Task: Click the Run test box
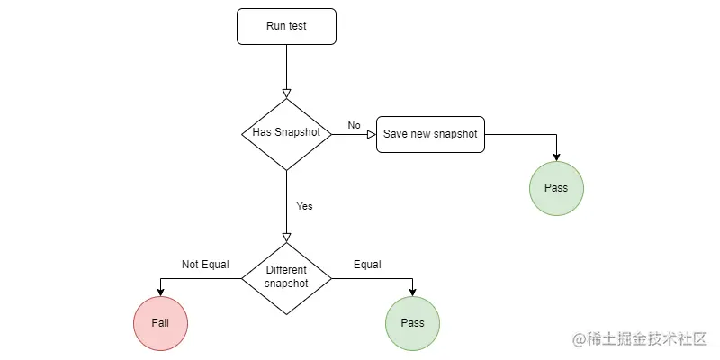(x=286, y=26)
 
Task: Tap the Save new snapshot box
(x=430, y=134)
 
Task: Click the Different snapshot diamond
(x=286, y=277)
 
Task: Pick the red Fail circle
(x=160, y=322)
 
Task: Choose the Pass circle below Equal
(x=412, y=322)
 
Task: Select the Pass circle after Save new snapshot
(x=556, y=188)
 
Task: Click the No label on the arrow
(x=354, y=125)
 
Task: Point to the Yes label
(x=304, y=206)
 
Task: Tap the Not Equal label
(x=205, y=265)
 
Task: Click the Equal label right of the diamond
(x=367, y=265)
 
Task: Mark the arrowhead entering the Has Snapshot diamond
(x=286, y=93)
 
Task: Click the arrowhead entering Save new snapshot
(x=371, y=134)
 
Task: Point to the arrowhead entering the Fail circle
(x=160, y=292)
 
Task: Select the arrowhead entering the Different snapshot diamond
(x=286, y=237)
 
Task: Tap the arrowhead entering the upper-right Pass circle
(x=556, y=157)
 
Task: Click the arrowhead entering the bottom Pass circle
(x=412, y=292)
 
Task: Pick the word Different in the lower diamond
(x=286, y=270)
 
